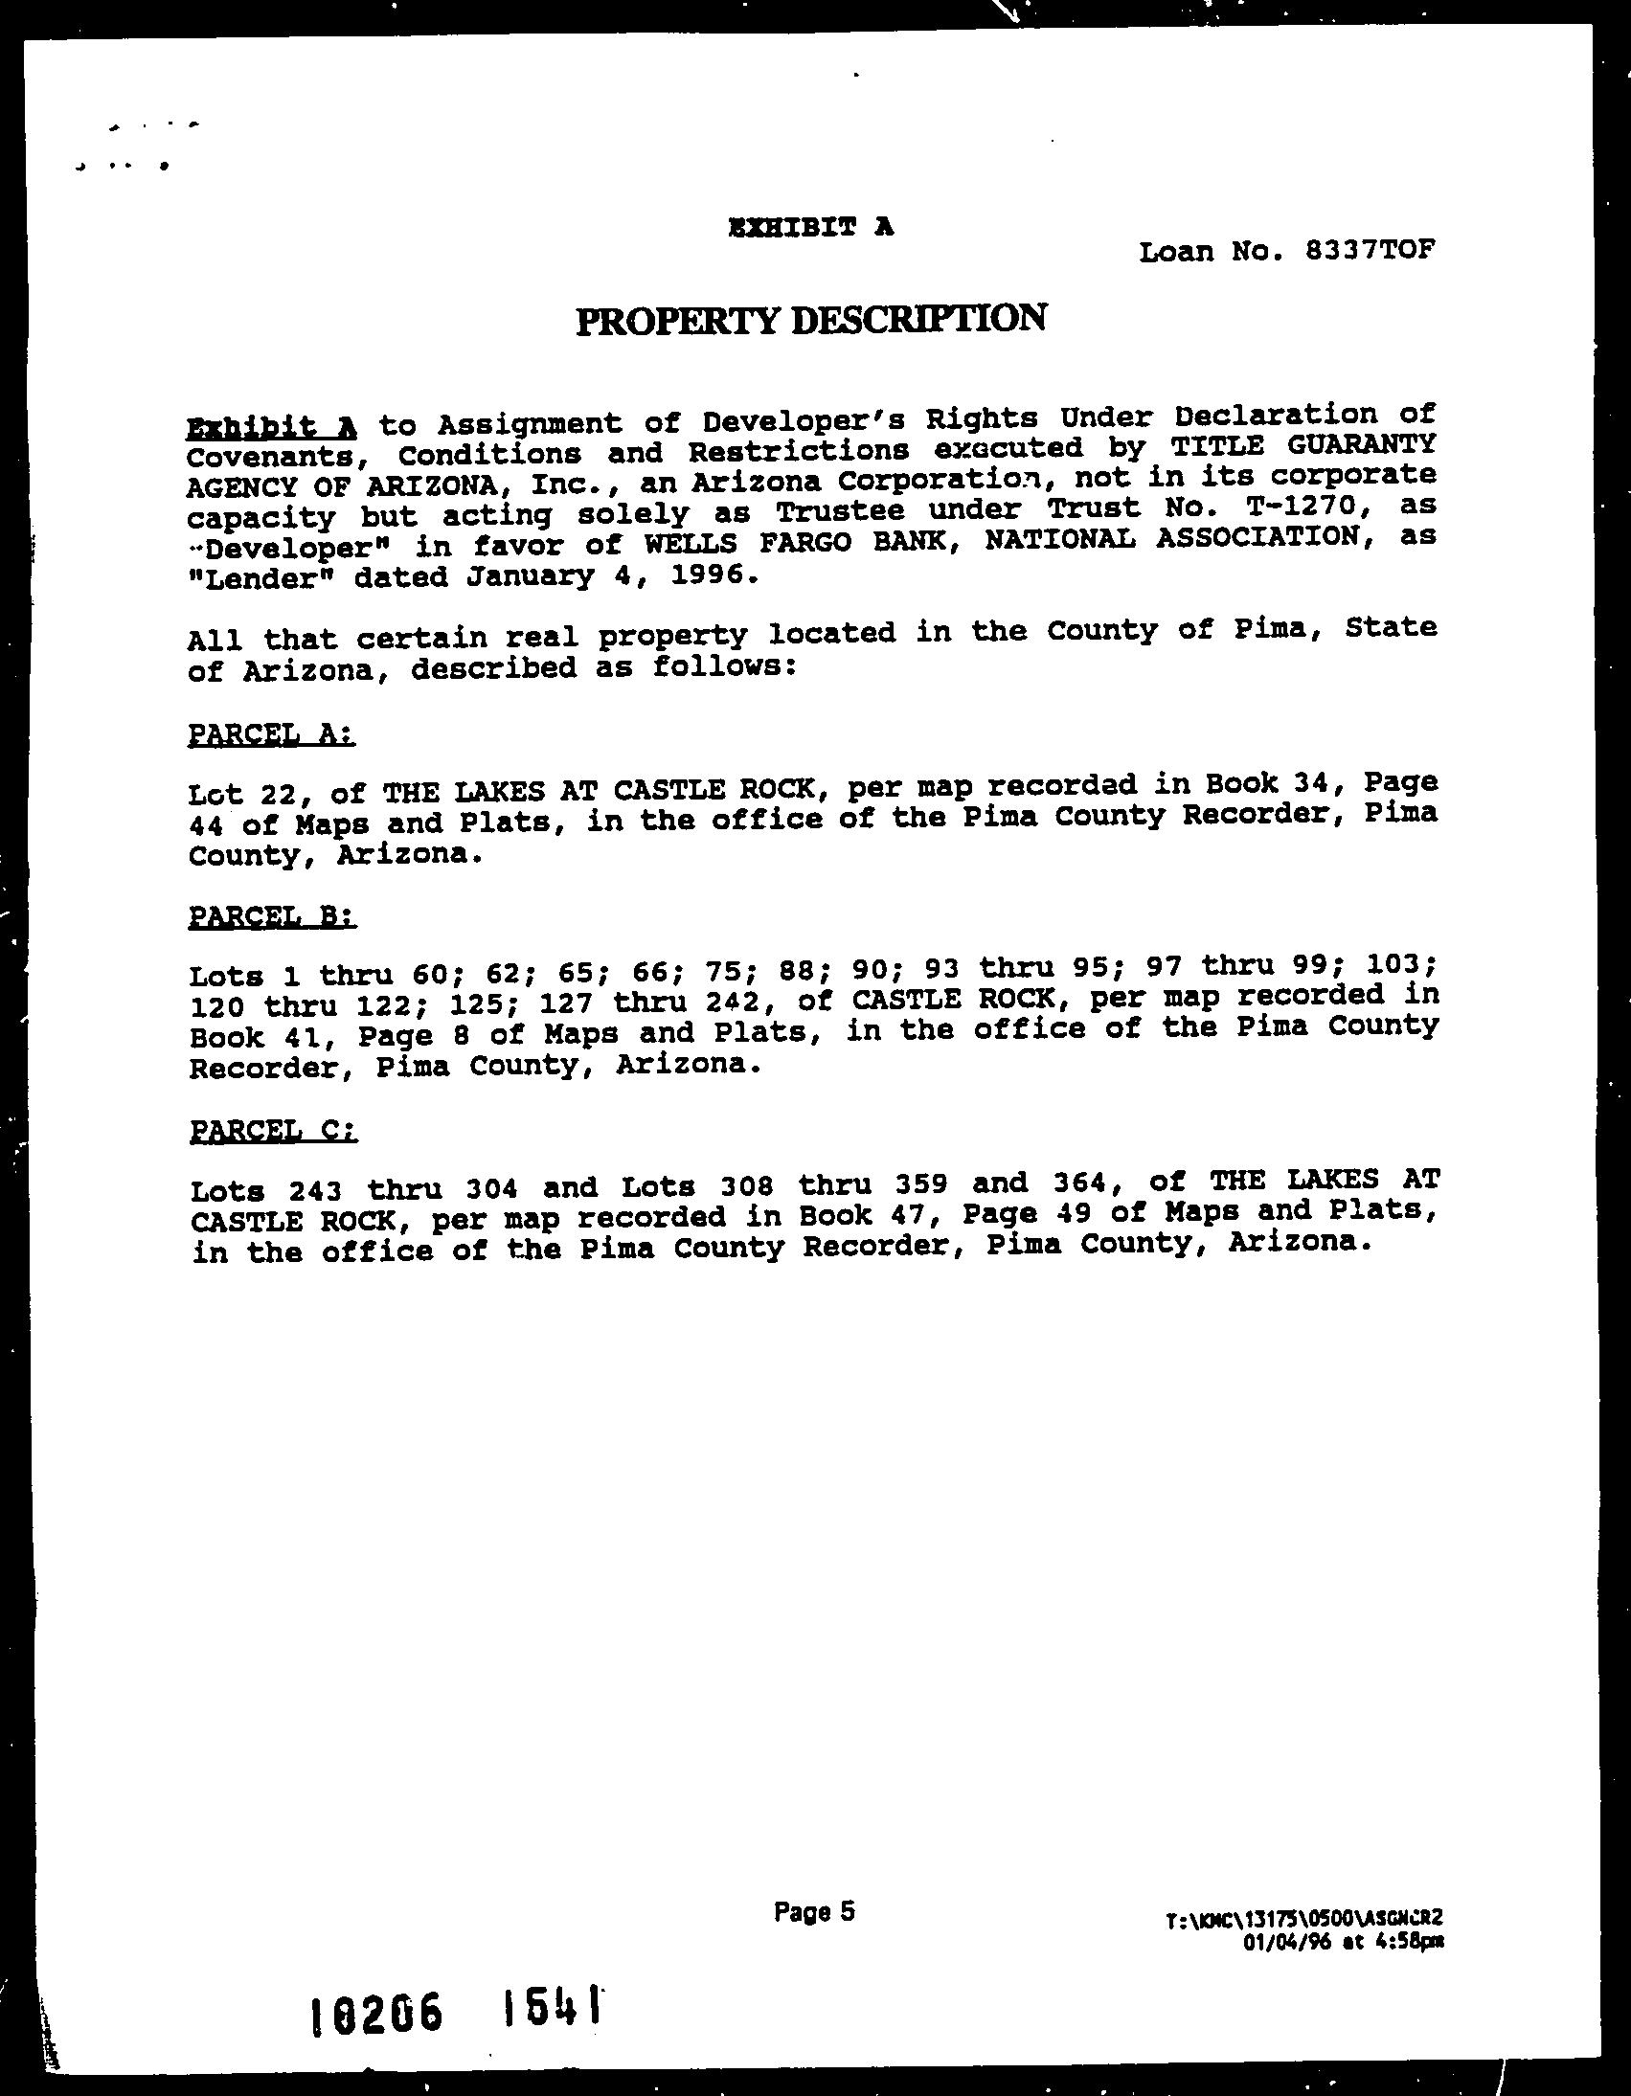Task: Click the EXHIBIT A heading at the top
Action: [x=811, y=228]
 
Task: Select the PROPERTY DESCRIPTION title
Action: [x=811, y=319]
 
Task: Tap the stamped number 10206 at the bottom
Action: [x=377, y=2013]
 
